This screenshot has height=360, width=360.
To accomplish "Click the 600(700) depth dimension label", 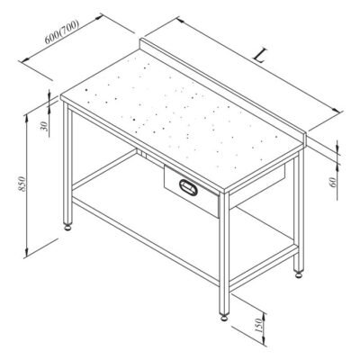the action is [x=62, y=31].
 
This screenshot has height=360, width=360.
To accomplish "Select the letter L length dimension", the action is [x=260, y=56].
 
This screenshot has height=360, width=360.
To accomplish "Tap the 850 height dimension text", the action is [x=22, y=184].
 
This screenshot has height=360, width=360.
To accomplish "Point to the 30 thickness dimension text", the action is [x=44, y=126].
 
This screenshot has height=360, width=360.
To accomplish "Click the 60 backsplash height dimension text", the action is [x=332, y=182].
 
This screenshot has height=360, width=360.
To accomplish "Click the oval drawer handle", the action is [x=188, y=187].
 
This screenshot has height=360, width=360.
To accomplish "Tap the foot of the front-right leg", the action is [x=224, y=317].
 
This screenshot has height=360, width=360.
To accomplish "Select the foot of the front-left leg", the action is [x=68, y=227].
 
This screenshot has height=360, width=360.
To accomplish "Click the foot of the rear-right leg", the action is [x=299, y=274].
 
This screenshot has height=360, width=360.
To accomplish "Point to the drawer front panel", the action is [x=192, y=190].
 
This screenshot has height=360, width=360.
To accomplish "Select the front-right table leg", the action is [x=224, y=253].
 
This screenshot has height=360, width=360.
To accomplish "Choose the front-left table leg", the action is [x=67, y=163].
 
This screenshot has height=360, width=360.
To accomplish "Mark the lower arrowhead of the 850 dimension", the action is [x=26, y=252].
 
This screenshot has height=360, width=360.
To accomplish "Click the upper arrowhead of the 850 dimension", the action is [x=26, y=119].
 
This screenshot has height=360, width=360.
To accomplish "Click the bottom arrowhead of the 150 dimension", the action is [x=264, y=339].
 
